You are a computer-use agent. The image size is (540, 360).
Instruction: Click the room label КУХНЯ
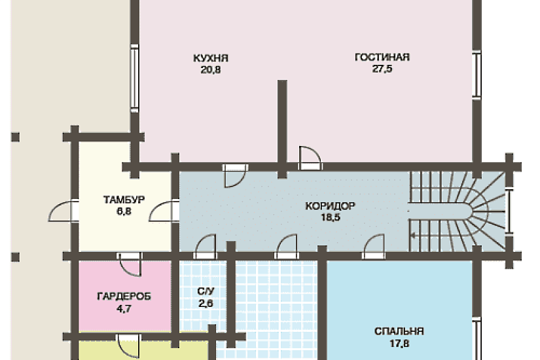pos(211,58)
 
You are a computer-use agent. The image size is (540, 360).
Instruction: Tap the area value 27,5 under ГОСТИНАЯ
pos(382,69)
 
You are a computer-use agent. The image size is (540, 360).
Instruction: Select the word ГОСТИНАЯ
pos(382,57)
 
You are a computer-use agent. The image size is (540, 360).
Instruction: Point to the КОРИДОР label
pos(330,206)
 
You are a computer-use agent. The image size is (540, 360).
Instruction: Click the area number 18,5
pos(331,218)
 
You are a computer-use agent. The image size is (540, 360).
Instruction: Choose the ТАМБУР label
pos(124,200)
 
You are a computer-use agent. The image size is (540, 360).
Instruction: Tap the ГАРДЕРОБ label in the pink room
pos(124,297)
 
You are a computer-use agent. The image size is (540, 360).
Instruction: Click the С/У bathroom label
pos(206,291)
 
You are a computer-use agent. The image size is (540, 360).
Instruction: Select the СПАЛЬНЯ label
pos(399,331)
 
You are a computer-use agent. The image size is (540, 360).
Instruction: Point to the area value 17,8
pos(399,344)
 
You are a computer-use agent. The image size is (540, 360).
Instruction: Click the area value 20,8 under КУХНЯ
pos(211,70)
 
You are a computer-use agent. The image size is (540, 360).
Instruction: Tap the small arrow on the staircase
pos(412,236)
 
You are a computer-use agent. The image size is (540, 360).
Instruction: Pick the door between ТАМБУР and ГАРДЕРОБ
pos(130,264)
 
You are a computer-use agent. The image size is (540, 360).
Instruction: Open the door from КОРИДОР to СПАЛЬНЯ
pos(374,247)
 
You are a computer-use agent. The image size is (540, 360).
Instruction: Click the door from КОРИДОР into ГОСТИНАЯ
pos(310,158)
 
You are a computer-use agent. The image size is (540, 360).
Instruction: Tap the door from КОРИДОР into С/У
pos(206,247)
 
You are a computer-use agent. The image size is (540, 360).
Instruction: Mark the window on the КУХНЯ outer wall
pos(134,78)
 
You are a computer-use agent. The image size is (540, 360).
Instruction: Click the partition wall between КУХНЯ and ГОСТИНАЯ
pos(282,129)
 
